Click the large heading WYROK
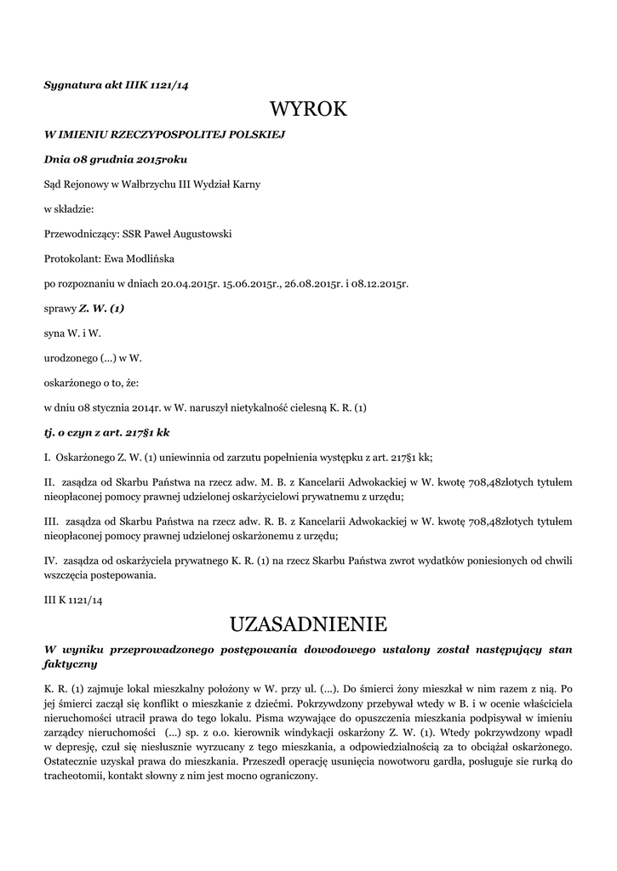(308, 109)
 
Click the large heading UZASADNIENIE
(308, 624)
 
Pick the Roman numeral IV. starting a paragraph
(51, 561)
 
